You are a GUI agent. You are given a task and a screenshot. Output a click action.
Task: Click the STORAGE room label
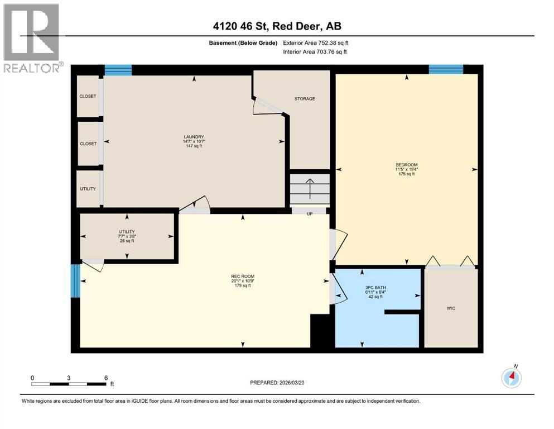tap(305, 99)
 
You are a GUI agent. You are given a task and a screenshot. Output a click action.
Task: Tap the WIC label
tap(451, 308)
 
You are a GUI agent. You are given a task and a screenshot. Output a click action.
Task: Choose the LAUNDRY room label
tap(194, 137)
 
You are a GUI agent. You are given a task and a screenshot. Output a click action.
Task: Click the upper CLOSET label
tap(88, 96)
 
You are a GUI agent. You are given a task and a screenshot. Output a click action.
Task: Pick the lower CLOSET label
tap(88, 144)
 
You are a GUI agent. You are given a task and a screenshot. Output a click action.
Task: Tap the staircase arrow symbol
tap(310, 188)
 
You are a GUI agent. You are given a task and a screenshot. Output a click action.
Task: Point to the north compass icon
tap(512, 378)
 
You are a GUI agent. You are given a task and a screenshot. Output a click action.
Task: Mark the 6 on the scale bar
tap(106, 378)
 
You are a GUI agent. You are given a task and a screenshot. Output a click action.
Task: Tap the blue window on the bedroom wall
tap(446, 69)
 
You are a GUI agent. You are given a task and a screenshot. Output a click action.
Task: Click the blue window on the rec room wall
tap(75, 280)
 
